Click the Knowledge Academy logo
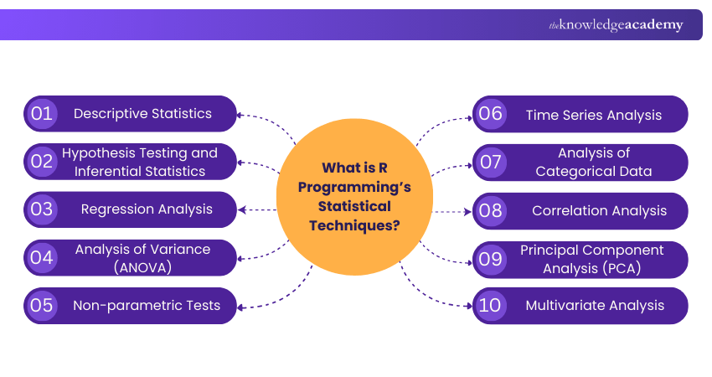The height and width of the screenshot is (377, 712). coord(616,25)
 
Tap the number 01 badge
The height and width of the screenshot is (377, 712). coord(42,114)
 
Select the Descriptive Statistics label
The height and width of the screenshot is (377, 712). coord(142,114)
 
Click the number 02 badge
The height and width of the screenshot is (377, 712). coord(42,162)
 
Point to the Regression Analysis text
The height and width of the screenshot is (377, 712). coord(147,209)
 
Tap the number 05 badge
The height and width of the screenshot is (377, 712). coord(42,306)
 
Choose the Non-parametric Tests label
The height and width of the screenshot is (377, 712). coord(147,306)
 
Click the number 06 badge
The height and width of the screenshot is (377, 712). coord(491,115)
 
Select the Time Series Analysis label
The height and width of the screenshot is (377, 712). coord(594,115)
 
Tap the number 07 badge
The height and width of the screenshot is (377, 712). coord(491,162)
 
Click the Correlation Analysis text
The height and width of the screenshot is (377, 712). coord(600,210)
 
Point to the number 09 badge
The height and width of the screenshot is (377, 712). coord(491,258)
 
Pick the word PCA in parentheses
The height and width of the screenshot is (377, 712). coord(623,268)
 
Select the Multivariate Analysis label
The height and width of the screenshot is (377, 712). coord(595,306)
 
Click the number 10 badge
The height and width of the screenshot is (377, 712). coord(491,306)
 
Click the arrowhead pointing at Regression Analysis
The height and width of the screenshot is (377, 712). coord(243,209)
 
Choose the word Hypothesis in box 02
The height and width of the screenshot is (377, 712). coord(94,153)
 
